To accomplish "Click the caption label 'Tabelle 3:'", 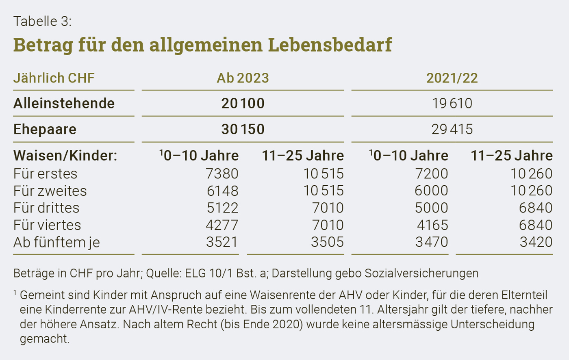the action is (42, 21).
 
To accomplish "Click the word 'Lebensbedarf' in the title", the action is (330, 45).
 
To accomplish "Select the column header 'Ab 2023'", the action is (243, 78).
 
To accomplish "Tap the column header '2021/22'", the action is (452, 78).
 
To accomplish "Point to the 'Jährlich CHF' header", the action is (54, 78).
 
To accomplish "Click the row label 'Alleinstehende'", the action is (64, 104).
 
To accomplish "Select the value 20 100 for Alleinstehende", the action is (243, 104).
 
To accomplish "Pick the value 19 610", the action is (452, 104).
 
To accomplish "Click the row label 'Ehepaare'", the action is (45, 130).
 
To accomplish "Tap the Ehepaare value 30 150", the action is (243, 129).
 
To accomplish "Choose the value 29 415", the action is (452, 129).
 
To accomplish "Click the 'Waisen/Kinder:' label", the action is (65, 156).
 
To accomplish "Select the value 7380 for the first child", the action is (222, 174).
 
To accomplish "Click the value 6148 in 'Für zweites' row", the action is (223, 191).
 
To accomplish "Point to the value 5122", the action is (223, 208).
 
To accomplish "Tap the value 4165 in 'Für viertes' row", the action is (432, 225).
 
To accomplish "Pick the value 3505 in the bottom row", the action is (327, 242).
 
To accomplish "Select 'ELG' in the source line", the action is (195, 273).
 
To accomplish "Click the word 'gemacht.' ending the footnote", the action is (45, 339).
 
